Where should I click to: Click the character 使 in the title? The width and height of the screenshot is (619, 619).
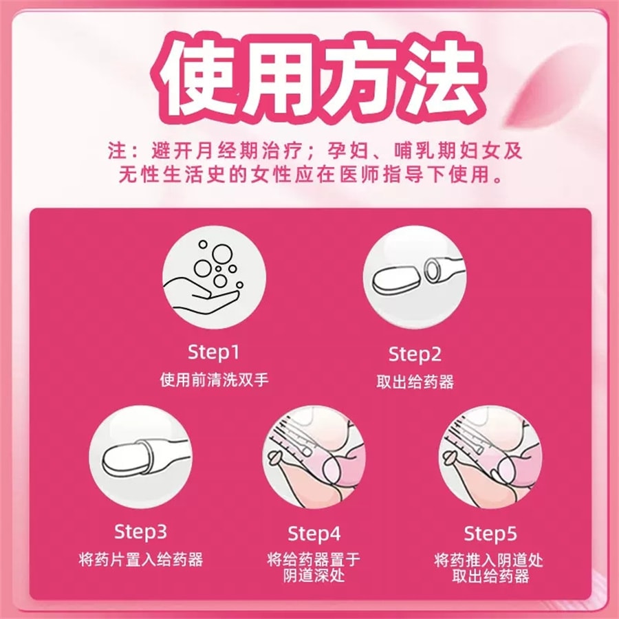[195, 76]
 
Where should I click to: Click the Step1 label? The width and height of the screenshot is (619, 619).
[214, 354]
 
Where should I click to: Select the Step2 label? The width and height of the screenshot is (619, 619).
[415, 355]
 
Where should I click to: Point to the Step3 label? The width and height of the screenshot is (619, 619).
[140, 532]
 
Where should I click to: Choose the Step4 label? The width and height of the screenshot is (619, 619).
[314, 534]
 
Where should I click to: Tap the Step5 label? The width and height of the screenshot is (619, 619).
[490, 534]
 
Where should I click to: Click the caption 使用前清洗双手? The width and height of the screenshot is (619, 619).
[214, 380]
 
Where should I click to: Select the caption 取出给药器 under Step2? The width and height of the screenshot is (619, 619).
[415, 382]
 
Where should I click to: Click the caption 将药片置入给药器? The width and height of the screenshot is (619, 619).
[140, 559]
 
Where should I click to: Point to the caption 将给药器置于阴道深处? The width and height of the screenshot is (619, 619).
[314, 567]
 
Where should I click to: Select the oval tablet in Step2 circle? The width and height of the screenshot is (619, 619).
[393, 281]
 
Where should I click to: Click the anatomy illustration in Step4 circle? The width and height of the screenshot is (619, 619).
[314, 457]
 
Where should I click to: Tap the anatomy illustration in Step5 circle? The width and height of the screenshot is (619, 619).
[490, 457]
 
